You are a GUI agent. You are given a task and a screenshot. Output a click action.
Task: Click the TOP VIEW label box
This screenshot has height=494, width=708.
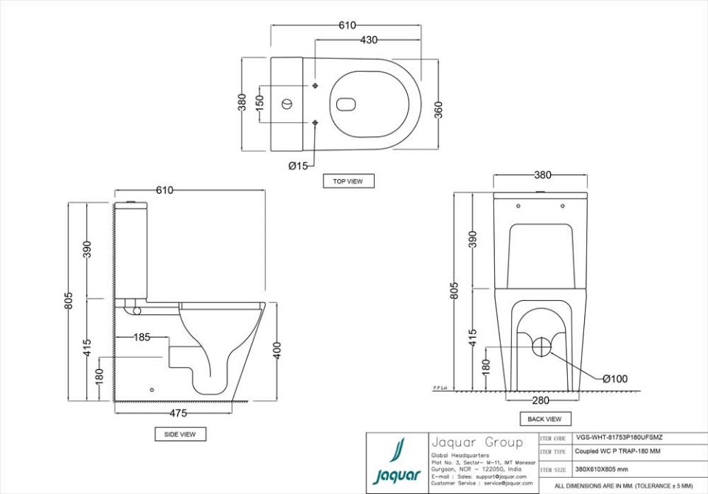pos(348,181)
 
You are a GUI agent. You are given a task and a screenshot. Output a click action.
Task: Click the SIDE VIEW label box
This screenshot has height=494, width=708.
pos(180,434)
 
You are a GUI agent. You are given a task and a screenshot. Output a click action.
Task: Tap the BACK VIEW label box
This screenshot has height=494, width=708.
pos(544,419)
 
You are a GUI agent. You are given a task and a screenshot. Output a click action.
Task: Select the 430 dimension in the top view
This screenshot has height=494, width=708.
pos(369,41)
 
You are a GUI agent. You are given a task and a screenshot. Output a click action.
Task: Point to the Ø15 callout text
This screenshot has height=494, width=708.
pos(299,166)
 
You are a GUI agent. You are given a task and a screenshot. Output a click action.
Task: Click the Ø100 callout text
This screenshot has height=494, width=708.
pos(614,379)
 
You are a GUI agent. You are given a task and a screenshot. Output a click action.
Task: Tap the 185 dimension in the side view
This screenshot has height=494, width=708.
pos(142,337)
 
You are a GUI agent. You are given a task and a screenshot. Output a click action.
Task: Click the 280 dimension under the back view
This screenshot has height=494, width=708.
pos(541,401)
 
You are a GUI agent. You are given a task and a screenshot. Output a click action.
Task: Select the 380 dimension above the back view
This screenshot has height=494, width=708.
pos(542,175)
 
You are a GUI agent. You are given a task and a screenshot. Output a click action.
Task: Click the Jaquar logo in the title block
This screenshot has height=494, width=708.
pos(398,462)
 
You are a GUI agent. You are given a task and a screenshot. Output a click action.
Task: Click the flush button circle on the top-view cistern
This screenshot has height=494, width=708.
pos(287,104)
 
